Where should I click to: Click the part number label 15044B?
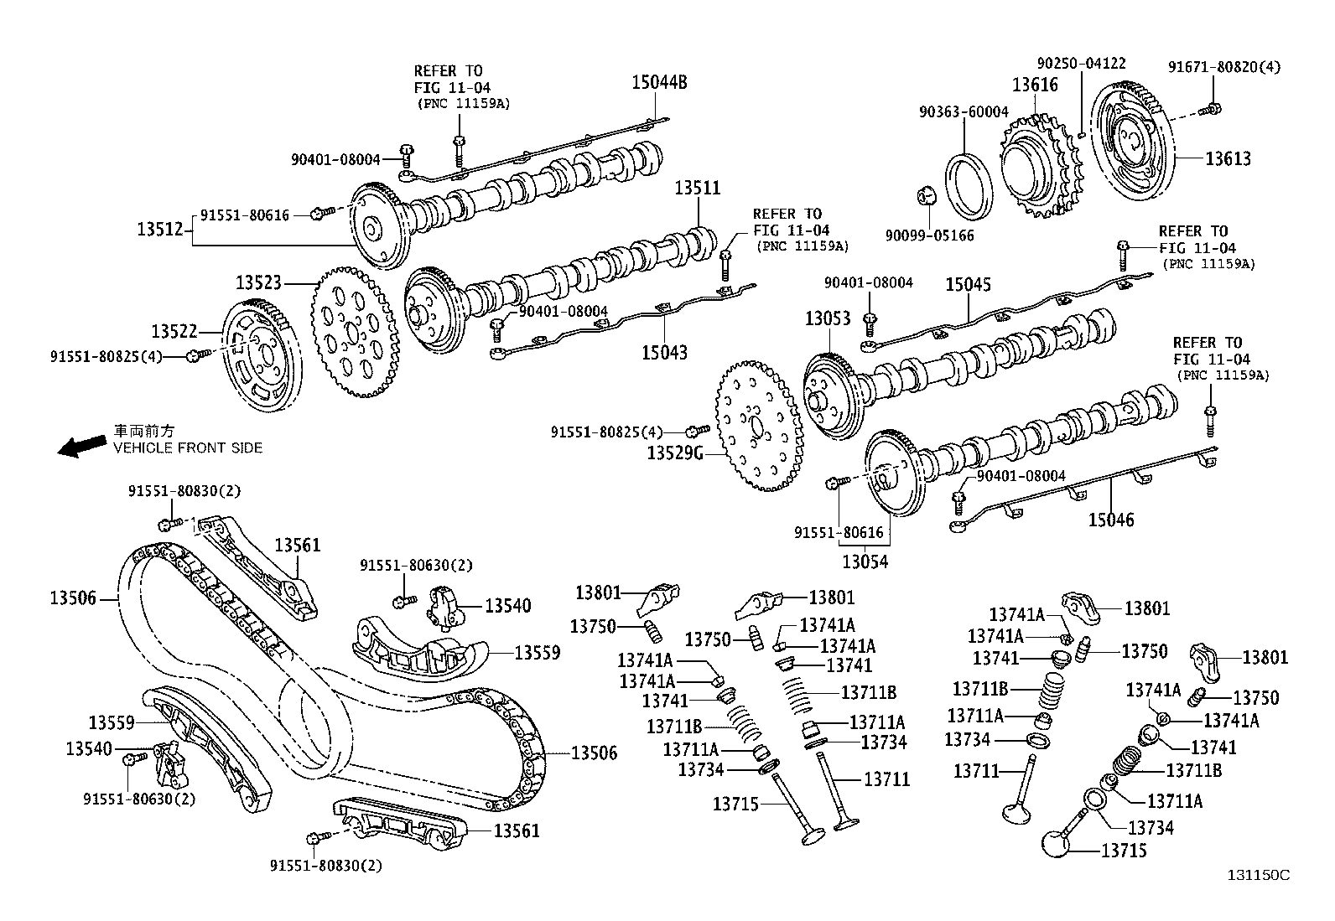(x=659, y=82)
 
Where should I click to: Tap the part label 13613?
(x=1228, y=158)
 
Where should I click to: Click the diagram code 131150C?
(x=1258, y=875)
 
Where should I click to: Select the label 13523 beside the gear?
(x=257, y=283)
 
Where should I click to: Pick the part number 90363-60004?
(x=964, y=112)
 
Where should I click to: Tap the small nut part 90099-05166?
(x=927, y=197)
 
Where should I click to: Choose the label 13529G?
(x=675, y=453)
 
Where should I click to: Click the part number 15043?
(x=664, y=353)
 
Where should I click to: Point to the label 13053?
(x=828, y=318)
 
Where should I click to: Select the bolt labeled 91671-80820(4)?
(x=1211, y=108)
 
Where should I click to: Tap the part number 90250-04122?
(x=1081, y=63)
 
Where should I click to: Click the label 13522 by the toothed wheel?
(x=174, y=331)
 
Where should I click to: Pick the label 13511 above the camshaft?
(x=698, y=189)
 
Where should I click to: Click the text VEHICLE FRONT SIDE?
(x=188, y=448)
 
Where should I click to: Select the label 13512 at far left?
(x=159, y=227)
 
